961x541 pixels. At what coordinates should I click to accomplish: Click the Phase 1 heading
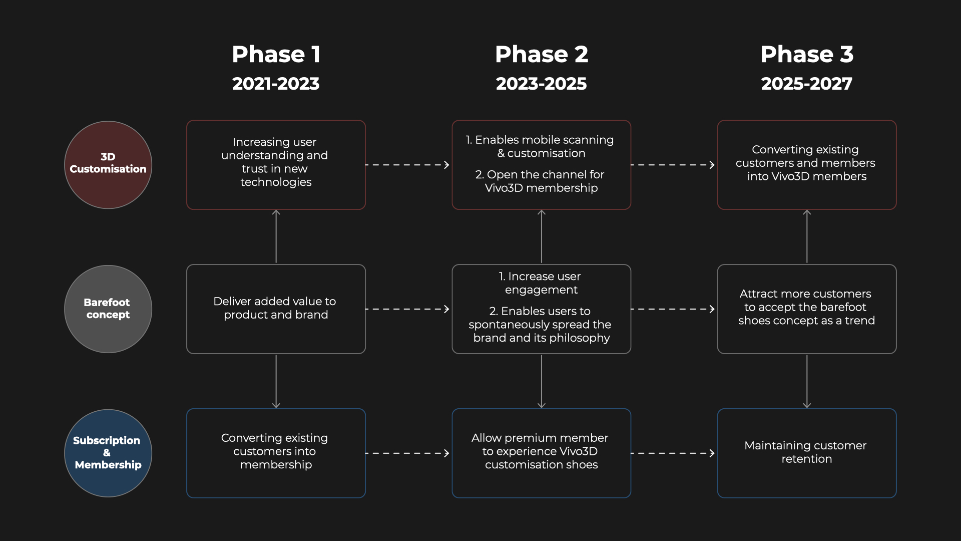(x=276, y=54)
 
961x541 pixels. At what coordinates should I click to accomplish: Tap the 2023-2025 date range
(x=541, y=84)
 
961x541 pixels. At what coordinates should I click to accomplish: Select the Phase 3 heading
(x=807, y=54)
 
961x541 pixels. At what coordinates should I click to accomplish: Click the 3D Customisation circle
(x=108, y=165)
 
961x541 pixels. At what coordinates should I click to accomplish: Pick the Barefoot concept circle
(x=108, y=309)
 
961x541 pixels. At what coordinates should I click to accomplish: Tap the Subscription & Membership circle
(x=108, y=453)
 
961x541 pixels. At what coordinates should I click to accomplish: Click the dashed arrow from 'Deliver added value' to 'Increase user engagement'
(x=407, y=309)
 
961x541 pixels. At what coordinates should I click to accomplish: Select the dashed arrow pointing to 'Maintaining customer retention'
(x=673, y=453)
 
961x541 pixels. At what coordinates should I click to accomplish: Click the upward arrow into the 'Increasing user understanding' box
(x=276, y=236)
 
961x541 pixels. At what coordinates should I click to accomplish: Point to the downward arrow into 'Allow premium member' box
(x=541, y=382)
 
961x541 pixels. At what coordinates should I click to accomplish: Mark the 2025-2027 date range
(x=807, y=84)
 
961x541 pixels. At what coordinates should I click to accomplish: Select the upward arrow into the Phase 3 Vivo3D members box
(x=807, y=236)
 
